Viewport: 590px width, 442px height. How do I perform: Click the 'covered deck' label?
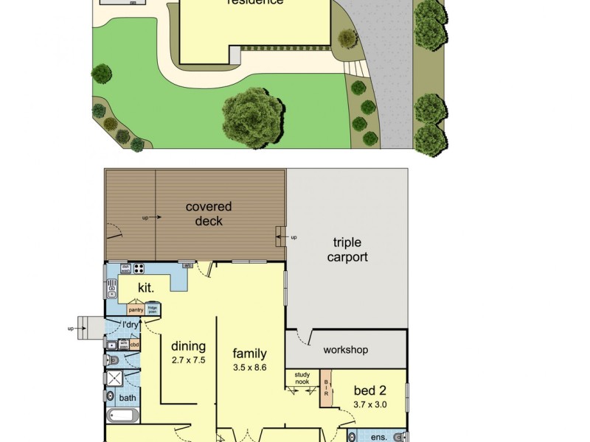coord(209,214)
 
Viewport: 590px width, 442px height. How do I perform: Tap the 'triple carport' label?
coord(350,250)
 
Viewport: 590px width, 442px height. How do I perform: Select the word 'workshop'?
coord(345,350)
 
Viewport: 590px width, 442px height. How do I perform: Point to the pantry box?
coord(136,310)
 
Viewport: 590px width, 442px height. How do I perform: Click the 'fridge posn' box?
coord(153,309)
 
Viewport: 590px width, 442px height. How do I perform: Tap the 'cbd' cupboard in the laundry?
coord(134,344)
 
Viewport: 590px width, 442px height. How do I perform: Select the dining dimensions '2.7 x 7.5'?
coord(188,360)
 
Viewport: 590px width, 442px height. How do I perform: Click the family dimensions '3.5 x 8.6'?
coord(249,367)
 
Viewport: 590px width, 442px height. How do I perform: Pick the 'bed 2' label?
coord(370,390)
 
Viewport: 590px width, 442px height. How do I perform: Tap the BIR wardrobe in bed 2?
coord(325,389)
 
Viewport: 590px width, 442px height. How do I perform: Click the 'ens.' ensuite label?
coord(378,438)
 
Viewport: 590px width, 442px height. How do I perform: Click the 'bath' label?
coord(128,399)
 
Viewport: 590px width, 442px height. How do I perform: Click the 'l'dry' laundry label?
coord(131,325)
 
